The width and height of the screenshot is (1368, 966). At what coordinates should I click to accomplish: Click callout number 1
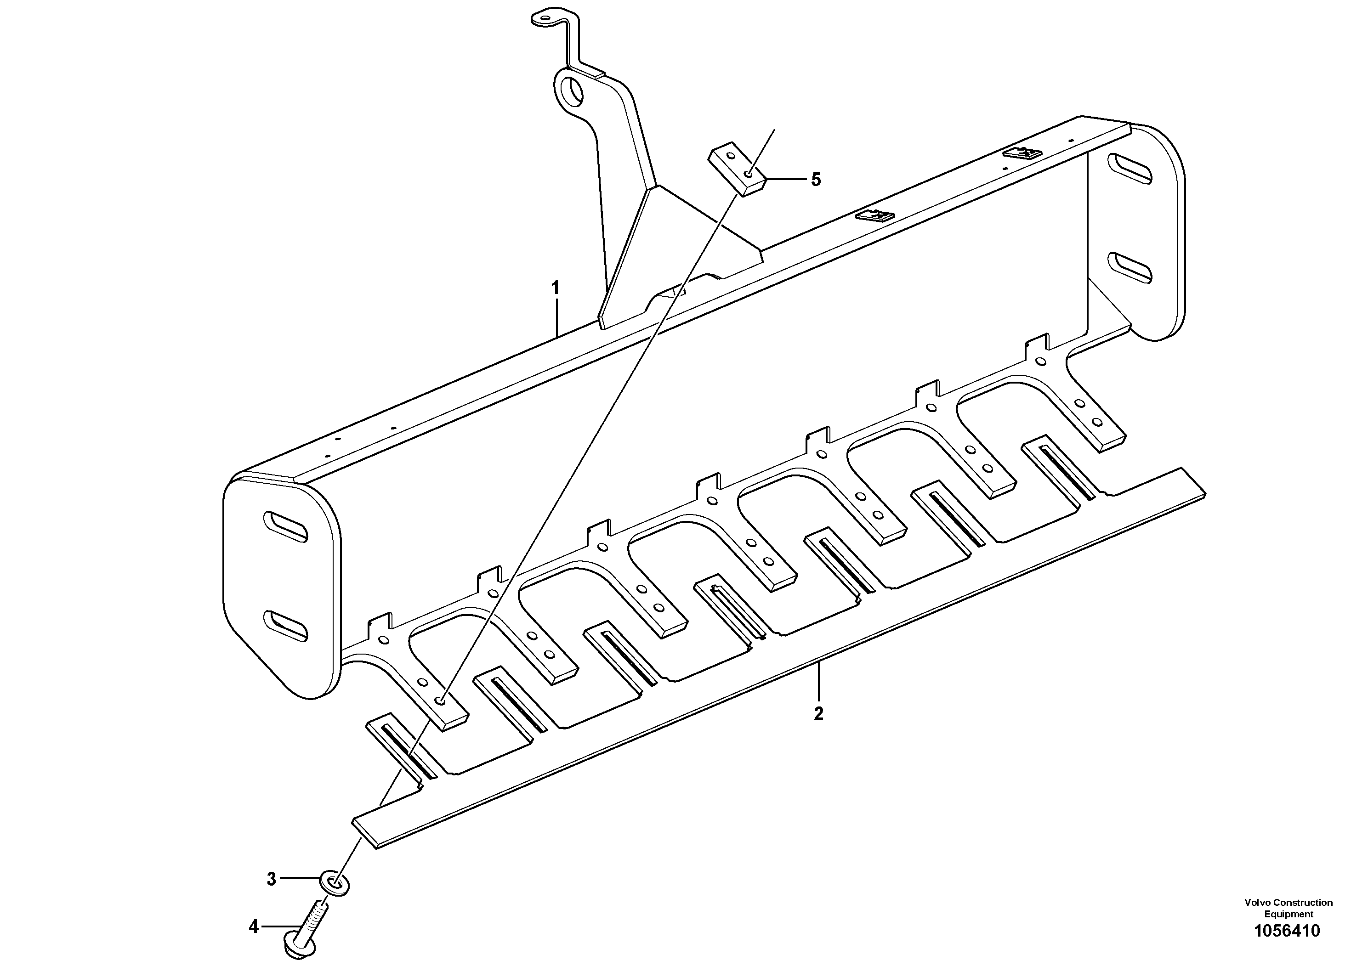point(555,289)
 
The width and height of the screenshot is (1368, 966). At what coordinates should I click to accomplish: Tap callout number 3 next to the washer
point(272,879)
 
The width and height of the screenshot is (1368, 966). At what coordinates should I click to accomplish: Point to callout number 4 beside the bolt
point(254,926)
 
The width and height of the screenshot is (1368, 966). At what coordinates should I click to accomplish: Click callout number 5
point(816,179)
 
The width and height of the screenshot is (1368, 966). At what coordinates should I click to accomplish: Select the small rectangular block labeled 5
point(736,172)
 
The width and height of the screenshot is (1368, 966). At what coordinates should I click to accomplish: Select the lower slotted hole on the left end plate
point(286,625)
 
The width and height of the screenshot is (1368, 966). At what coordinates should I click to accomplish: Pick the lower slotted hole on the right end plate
point(1130,266)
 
